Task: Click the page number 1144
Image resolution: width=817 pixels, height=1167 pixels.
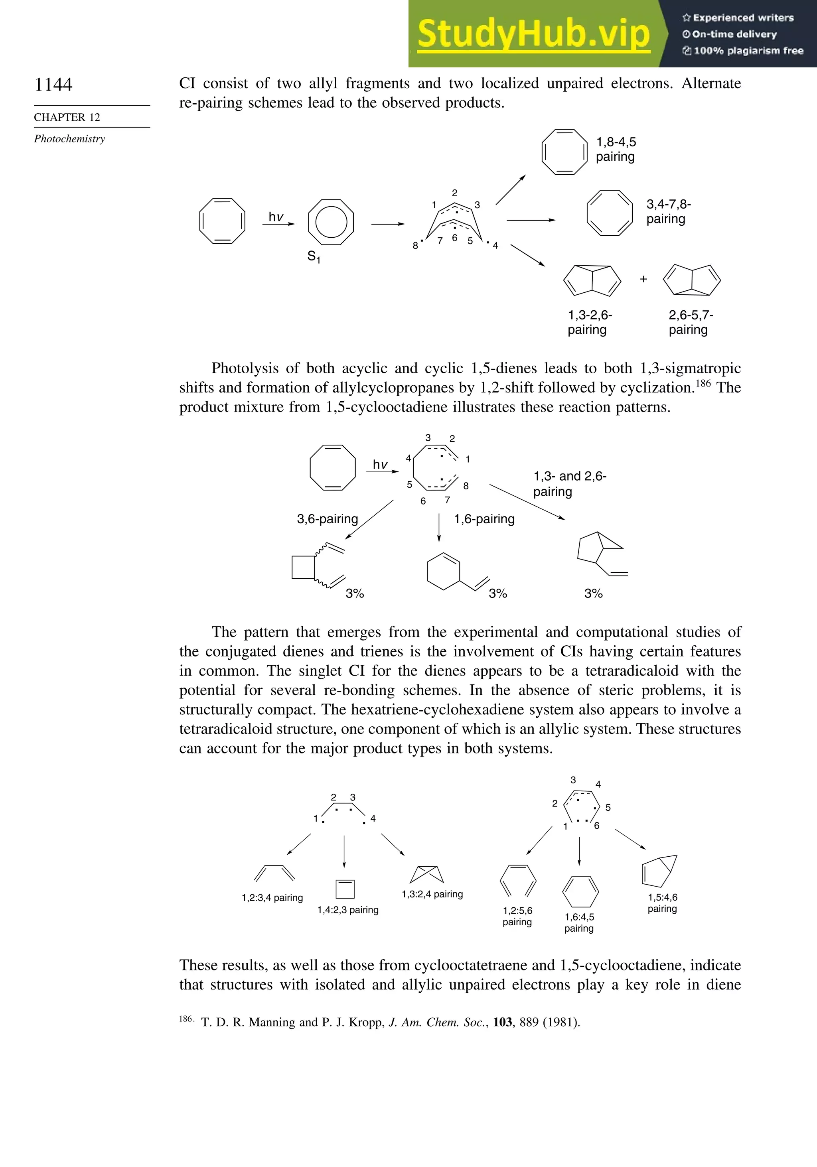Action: [x=53, y=85]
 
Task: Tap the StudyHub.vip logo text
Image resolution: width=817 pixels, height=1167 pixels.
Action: [x=533, y=34]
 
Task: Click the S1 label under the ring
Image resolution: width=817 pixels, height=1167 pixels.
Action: [x=314, y=257]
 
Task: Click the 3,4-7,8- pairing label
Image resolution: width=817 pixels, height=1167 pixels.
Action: [x=668, y=211]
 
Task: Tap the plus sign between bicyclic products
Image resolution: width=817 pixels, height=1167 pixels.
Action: [x=643, y=279]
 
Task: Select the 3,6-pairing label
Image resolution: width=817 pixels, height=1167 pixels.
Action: [x=328, y=519]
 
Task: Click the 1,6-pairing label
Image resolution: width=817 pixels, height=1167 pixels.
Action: [x=484, y=519]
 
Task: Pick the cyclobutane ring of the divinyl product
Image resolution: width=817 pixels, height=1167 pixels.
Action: [x=304, y=568]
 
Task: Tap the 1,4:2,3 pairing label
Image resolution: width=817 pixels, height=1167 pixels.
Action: [x=348, y=910]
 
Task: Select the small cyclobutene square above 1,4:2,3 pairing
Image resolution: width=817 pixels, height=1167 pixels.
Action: [x=345, y=889]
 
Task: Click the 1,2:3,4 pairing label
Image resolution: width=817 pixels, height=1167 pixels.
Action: [x=272, y=898]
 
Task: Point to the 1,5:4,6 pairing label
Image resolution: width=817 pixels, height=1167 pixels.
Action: [x=663, y=903]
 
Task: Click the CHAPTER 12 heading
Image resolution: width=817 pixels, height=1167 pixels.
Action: [x=67, y=117]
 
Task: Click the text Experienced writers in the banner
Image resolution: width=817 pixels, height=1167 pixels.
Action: [x=743, y=18]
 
